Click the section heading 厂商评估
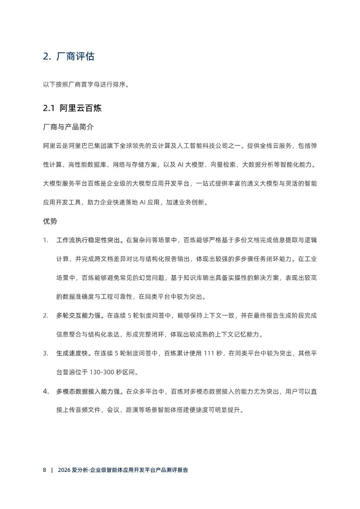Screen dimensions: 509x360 coord(75,56)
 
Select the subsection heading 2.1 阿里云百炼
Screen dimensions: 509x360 coord(72,108)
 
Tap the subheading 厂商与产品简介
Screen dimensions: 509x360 coord(68,127)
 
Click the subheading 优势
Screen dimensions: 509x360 coord(50,221)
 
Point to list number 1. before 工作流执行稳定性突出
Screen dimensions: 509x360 coord(46,240)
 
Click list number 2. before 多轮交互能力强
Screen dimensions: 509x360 coord(46,316)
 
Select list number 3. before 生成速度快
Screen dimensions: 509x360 coord(46,353)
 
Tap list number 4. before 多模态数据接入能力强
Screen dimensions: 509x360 coord(46,391)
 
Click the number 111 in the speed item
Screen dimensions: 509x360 coord(208,353)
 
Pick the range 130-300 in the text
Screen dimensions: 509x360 coord(102,372)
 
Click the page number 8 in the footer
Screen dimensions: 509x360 coord(45,470)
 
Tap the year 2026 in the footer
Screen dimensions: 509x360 coord(64,470)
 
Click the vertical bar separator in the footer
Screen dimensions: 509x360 coord(52,470)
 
